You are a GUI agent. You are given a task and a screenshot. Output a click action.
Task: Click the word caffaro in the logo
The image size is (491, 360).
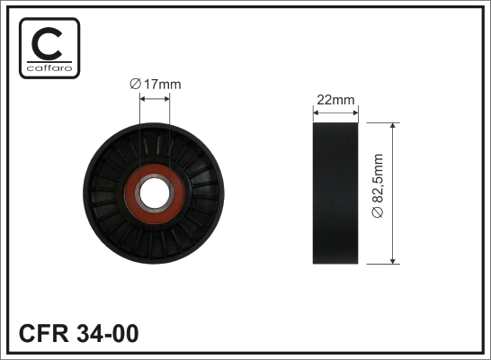pos(49,68)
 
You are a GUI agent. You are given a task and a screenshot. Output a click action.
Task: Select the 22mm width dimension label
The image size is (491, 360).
pos(335,100)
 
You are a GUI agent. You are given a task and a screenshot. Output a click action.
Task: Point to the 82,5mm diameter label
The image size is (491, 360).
pos(378,185)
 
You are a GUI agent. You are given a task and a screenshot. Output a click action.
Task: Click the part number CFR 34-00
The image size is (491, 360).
pos(78,333)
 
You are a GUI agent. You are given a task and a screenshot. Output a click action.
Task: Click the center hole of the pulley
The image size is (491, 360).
pos(155,193)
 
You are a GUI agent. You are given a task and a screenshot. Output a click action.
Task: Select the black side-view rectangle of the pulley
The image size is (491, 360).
pos(335,193)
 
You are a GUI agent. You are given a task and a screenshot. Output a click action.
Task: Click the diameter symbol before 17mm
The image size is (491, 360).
pos(135,85)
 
